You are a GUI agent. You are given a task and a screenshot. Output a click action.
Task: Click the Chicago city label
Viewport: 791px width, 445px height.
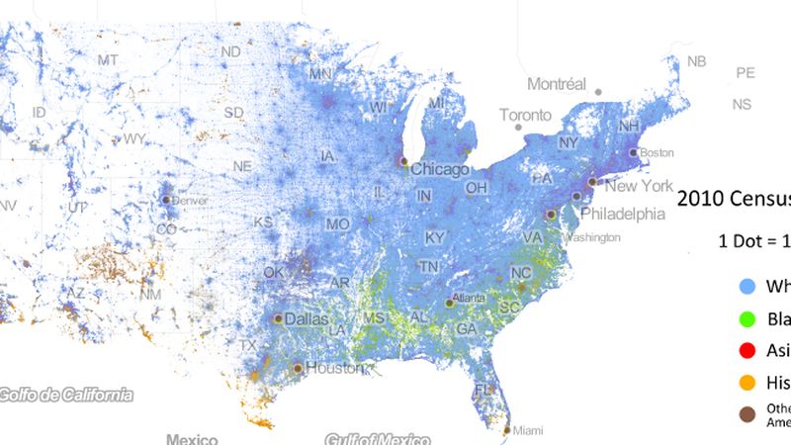440,169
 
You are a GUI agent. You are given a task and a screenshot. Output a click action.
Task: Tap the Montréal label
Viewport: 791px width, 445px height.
557,84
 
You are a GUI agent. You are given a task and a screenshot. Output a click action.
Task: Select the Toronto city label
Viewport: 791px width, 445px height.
525,116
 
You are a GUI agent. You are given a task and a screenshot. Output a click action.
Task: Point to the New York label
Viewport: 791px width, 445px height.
639,186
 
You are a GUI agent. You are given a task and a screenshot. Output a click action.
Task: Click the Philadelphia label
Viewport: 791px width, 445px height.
622,213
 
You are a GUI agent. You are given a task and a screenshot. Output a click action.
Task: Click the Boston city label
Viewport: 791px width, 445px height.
657,153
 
